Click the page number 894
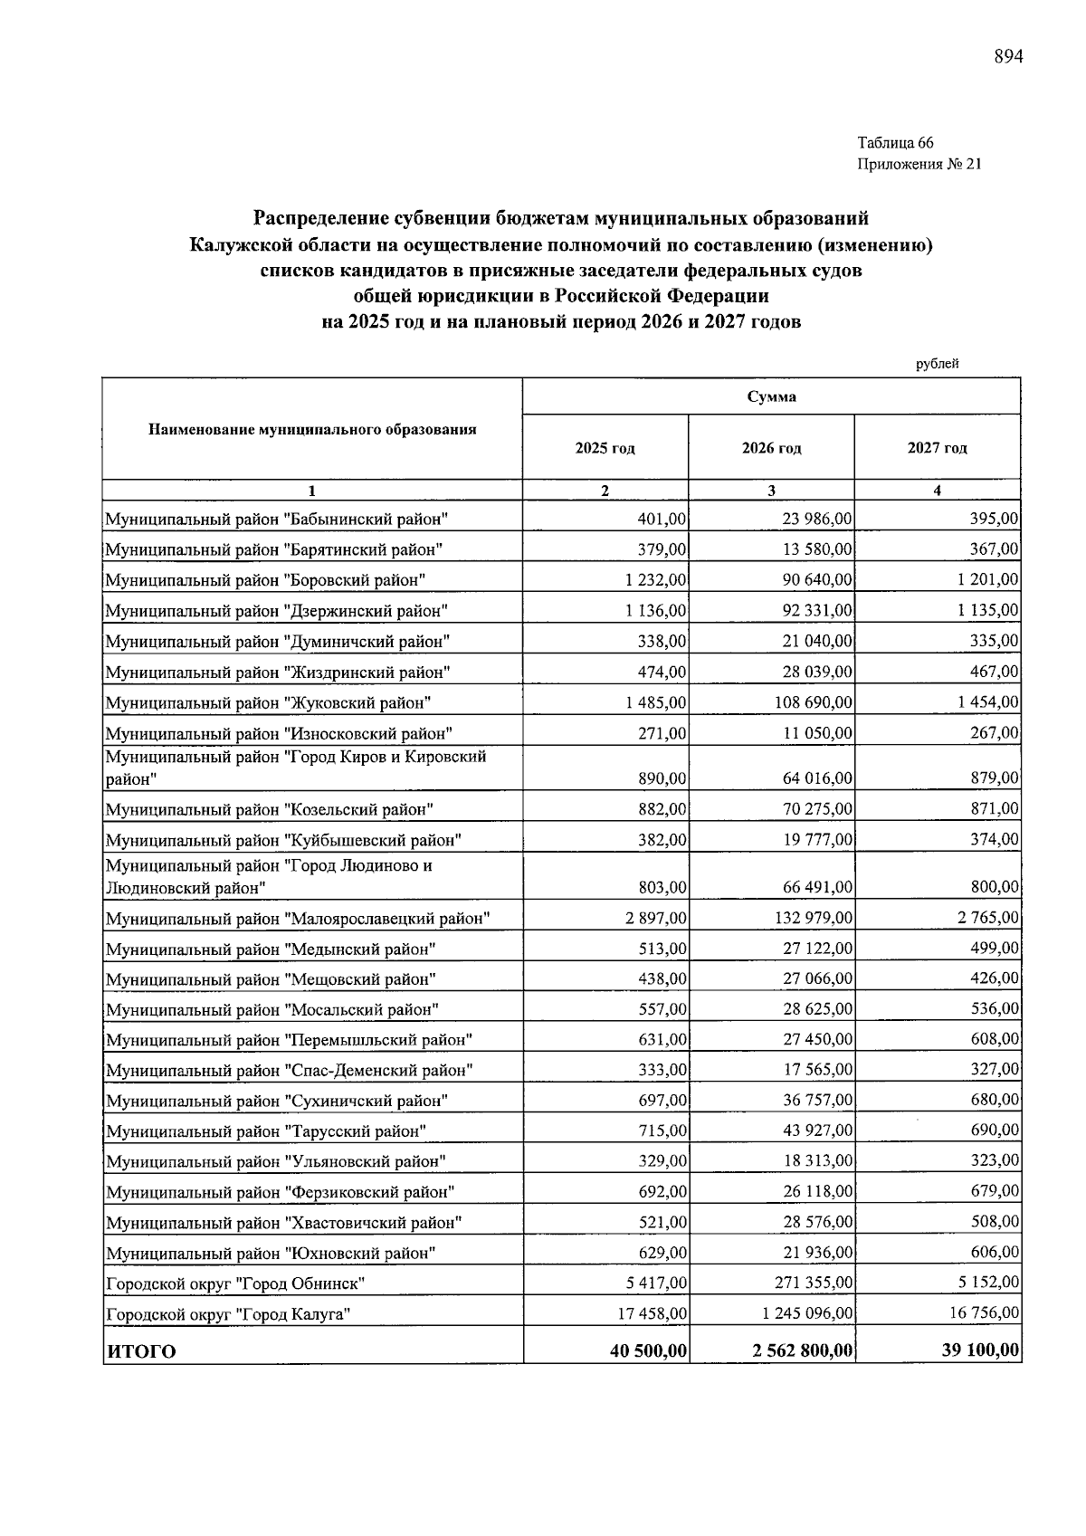coord(1008,57)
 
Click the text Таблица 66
coord(895,143)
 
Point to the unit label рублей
coord(937,364)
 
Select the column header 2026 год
coord(771,448)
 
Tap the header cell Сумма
coord(771,396)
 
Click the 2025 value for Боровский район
coord(655,579)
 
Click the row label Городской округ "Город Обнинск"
coord(235,1283)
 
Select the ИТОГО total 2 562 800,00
coord(802,1350)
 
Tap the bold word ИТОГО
coord(141,1351)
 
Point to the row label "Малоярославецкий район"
coord(298,919)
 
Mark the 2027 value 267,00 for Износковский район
coord(994,732)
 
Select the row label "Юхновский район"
coord(271,1254)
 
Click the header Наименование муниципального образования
coord(312,429)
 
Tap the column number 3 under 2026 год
coord(771,491)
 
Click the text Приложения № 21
coord(919,165)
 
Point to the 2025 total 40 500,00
coord(649,1350)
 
